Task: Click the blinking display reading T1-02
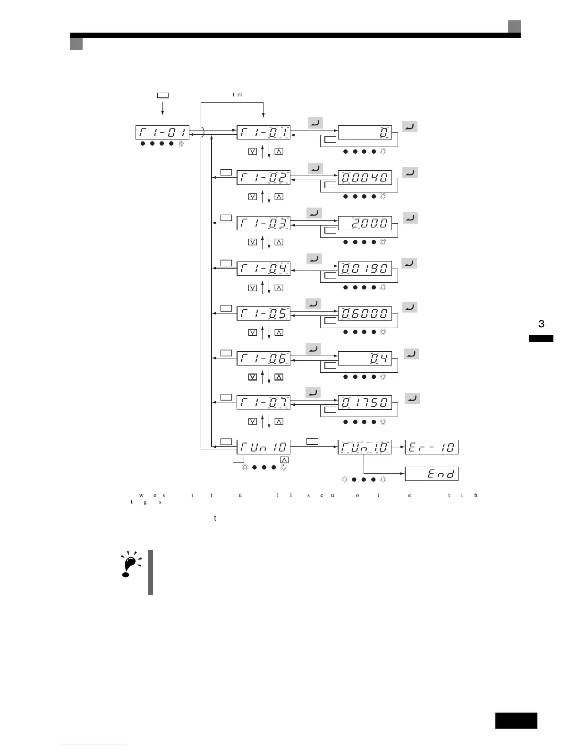263,178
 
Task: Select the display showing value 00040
365,178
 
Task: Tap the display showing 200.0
365,223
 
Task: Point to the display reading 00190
365,269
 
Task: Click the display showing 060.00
365,314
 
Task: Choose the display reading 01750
365,403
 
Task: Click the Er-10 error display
432,447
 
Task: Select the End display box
432,474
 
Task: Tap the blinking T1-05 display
263,314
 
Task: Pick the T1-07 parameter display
263,403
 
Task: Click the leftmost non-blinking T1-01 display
162,132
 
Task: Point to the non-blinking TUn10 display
263,447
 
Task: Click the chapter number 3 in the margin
541,324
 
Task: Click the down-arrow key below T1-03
253,242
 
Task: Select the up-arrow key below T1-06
279,377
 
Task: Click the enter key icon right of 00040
410,173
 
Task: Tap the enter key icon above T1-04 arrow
314,259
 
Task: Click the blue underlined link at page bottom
93,745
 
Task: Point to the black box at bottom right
516,721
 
